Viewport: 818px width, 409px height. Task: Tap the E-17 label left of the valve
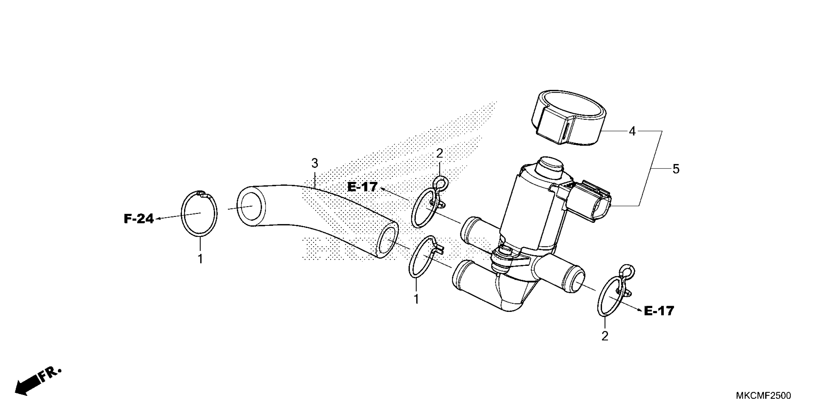click(x=362, y=187)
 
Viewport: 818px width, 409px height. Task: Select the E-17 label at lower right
click(x=659, y=311)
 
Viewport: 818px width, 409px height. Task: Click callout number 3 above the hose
click(x=314, y=164)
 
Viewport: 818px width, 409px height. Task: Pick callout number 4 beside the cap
click(x=632, y=131)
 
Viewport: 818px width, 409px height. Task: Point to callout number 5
click(x=676, y=169)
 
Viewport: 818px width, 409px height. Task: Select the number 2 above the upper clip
click(x=440, y=154)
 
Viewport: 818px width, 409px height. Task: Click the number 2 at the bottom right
click(x=605, y=336)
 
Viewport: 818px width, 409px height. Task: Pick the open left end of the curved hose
click(x=250, y=206)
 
